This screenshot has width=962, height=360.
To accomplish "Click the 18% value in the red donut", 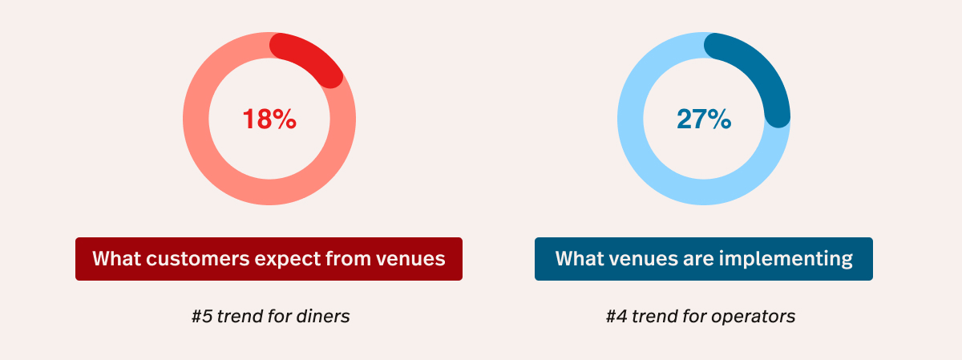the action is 269,119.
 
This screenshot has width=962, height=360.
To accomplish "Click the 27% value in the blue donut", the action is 704,119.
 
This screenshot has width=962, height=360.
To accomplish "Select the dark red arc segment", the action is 310,56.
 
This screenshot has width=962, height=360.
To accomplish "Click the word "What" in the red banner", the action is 117,258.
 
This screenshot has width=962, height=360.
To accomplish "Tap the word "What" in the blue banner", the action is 580,258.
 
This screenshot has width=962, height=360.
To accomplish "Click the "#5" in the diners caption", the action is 202,317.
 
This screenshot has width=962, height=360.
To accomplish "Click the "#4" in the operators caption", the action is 616,317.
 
